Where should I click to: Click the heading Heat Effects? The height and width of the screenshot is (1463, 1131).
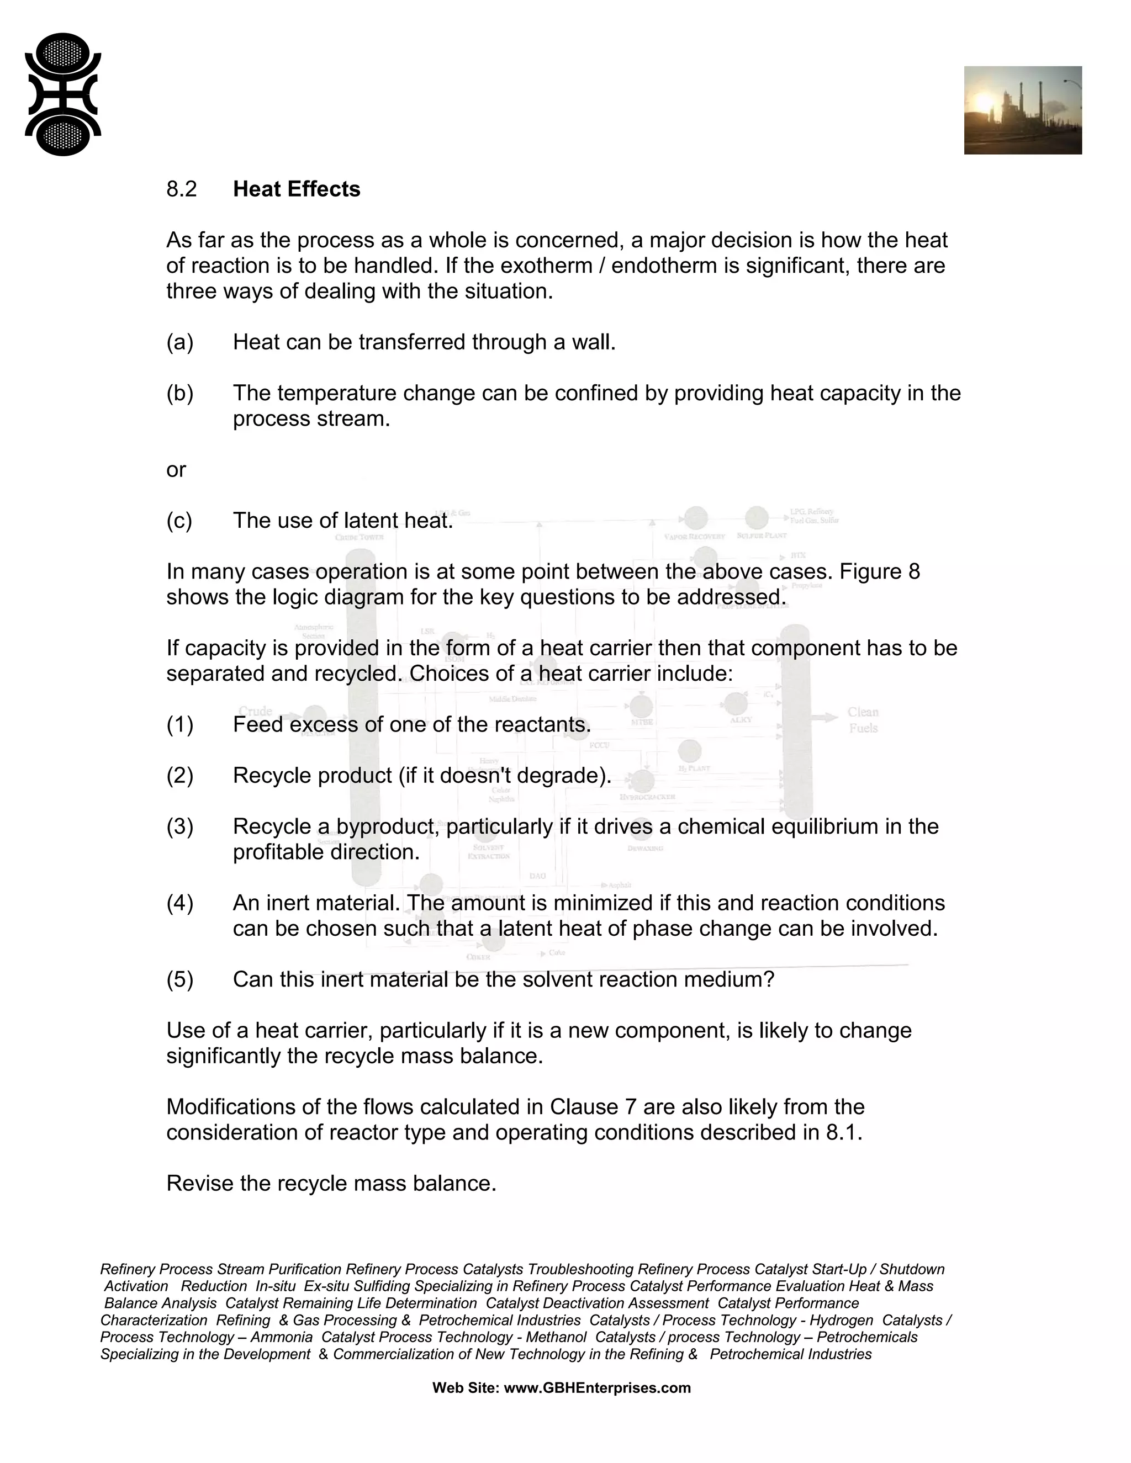(x=296, y=189)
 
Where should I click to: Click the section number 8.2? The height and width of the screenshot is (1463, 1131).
(x=182, y=189)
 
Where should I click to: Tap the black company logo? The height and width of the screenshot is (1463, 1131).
(x=63, y=94)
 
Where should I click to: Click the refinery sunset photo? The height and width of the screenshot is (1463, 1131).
(x=1022, y=110)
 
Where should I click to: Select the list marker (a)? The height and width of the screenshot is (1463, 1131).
(x=179, y=342)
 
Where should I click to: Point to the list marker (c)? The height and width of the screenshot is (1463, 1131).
(x=179, y=521)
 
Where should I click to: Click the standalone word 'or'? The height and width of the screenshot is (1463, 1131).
(x=176, y=470)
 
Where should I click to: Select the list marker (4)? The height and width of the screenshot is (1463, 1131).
(x=179, y=903)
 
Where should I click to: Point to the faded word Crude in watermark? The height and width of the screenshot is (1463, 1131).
(x=255, y=711)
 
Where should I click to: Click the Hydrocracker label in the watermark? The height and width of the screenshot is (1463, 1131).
(x=647, y=797)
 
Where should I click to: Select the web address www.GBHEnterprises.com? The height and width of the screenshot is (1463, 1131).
(x=596, y=1388)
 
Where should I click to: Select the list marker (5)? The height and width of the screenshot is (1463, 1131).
(x=179, y=979)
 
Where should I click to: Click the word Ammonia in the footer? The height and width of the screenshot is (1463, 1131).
(x=282, y=1337)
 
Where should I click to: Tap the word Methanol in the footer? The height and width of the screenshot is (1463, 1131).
(x=556, y=1337)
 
